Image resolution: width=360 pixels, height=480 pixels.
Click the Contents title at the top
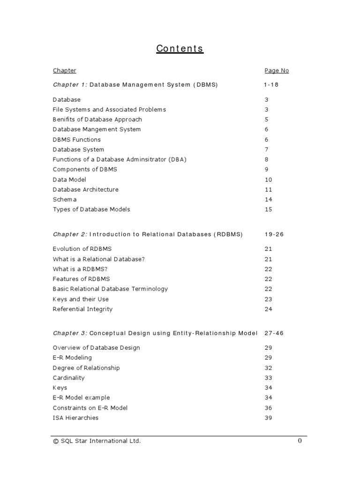coord(180,49)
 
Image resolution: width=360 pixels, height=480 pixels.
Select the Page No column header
coord(277,71)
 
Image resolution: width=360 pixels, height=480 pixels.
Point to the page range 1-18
coord(271,85)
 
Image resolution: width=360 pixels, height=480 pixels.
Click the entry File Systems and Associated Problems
coord(109,110)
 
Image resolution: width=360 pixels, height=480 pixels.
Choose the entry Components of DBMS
coord(85,170)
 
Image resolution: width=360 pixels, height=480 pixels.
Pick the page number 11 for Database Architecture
coord(268,190)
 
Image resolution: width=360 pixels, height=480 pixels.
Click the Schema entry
coord(65,200)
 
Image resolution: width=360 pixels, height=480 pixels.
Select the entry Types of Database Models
coord(91,210)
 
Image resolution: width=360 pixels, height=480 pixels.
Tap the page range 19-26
coord(274,234)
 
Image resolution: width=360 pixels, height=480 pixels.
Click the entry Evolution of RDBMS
coord(82,249)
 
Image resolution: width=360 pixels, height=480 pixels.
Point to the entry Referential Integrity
coord(82,309)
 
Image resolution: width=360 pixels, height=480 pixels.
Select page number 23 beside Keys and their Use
coord(268,299)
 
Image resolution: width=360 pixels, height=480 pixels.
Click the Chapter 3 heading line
coord(155,333)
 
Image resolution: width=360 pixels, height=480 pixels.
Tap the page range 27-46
coord(274,333)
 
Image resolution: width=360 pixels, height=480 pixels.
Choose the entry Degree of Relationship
coord(86,368)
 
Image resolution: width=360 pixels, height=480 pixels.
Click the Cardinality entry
coord(69,378)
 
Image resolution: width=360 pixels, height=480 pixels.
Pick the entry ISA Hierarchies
coord(75,418)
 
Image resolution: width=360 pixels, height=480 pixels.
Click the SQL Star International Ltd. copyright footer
coord(97,441)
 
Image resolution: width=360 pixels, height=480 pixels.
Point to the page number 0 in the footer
coord(300,441)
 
